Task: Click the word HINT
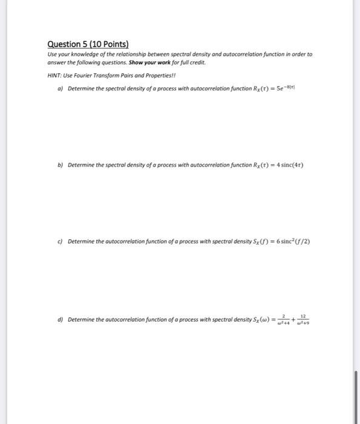55,75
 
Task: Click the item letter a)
62,89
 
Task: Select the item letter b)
62,165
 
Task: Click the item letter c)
62,240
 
